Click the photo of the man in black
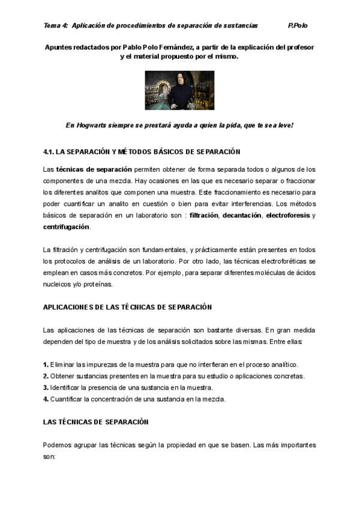coord(179,91)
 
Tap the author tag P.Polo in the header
coord(298,26)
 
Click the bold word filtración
coord(203,215)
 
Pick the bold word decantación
coord(242,215)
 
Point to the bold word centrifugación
coord(66,226)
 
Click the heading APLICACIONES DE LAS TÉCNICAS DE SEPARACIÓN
coord(128,307)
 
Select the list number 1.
coord(46,364)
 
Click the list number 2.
coord(46,376)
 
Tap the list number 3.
coord(46,387)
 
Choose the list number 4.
coord(46,399)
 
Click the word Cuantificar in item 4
coord(67,399)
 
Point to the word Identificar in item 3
coord(65,387)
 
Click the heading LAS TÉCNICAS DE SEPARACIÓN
coord(96,422)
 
